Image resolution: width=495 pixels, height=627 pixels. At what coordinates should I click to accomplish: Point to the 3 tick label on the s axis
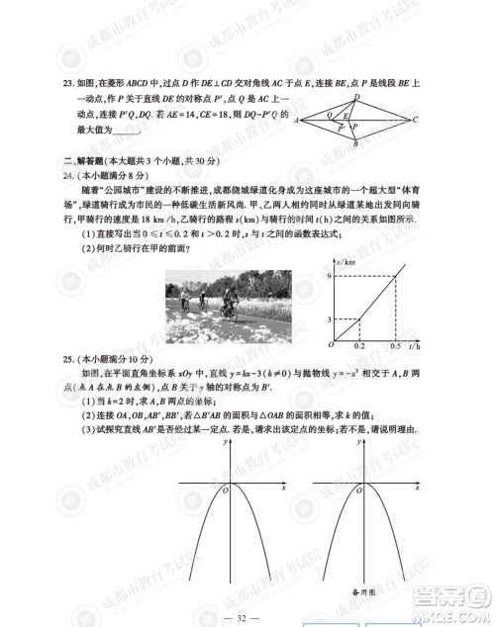click(x=332, y=319)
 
